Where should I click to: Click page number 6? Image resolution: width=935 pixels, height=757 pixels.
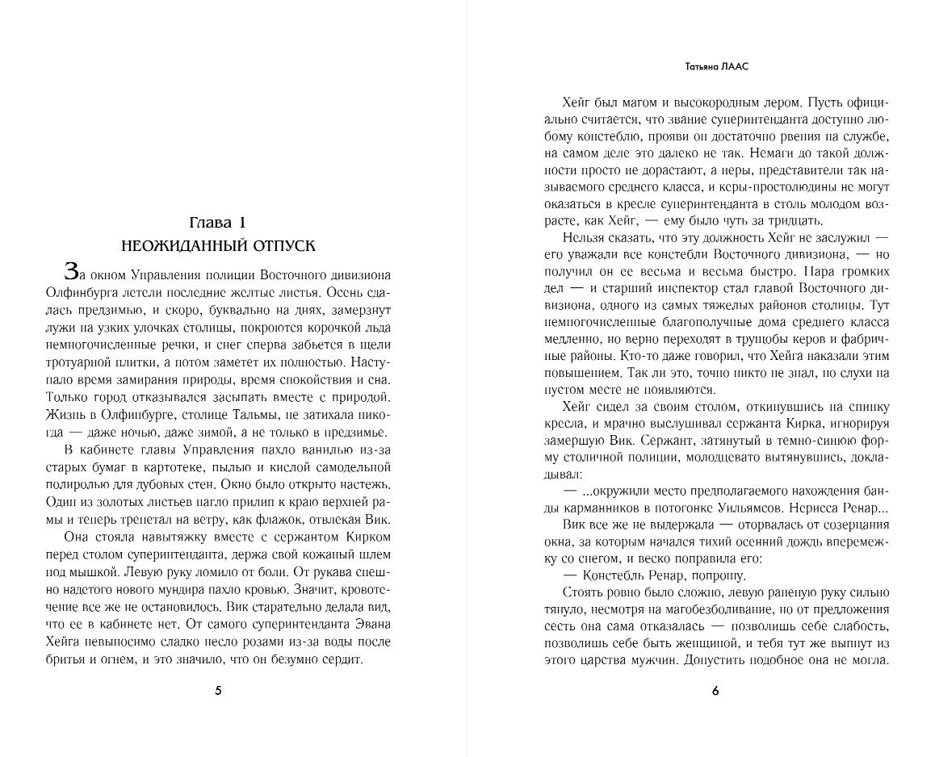715,691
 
